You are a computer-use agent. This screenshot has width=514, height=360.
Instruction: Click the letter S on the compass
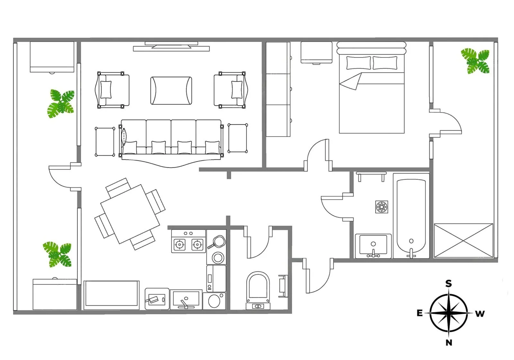tap(448, 284)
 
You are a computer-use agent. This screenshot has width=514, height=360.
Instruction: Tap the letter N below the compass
tap(449, 343)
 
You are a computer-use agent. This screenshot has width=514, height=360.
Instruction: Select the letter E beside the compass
tap(420, 313)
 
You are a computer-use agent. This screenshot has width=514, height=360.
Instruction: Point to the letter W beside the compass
tap(480, 314)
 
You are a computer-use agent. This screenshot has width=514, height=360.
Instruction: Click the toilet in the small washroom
tap(258, 291)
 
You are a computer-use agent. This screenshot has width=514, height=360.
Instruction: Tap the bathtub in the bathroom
tap(411, 216)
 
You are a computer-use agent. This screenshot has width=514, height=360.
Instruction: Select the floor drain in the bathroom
tap(382, 207)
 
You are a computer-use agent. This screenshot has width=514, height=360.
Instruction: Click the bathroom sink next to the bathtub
tap(373, 246)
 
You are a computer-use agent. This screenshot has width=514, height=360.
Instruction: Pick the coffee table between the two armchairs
tap(171, 91)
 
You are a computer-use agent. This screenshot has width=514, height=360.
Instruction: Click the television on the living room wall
tap(171, 45)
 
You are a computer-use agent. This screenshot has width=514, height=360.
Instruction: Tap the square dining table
tap(130, 214)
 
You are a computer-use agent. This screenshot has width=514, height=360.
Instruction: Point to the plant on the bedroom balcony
tap(475, 61)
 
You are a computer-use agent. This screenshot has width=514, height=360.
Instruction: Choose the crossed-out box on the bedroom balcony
tap(464, 241)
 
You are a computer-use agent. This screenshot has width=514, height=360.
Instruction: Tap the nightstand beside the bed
tap(316, 52)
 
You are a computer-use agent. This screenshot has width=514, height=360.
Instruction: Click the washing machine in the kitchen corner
tap(214, 301)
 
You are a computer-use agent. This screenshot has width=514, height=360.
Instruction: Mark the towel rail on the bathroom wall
tap(371, 176)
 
